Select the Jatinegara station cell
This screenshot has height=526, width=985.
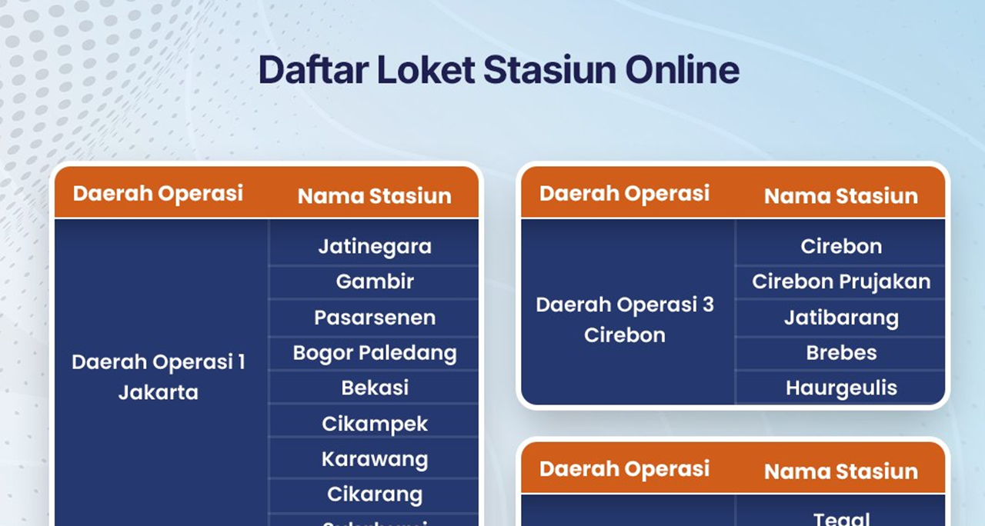pyautogui.click(x=375, y=247)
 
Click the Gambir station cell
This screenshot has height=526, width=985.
pyautogui.click(x=375, y=281)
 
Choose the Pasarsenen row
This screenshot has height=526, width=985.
pyautogui.click(x=375, y=318)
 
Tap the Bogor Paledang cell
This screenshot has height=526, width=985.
pyautogui.click(x=375, y=353)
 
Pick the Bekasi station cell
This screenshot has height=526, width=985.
pyautogui.click(x=375, y=388)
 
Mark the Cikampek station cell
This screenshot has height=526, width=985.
pyautogui.click(x=375, y=424)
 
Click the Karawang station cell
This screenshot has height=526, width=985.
pyautogui.click(x=375, y=459)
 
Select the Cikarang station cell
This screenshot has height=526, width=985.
pyautogui.click(x=375, y=494)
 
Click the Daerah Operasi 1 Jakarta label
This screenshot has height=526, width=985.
pyautogui.click(x=159, y=377)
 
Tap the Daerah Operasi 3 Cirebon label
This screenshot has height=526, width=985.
pyautogui.click(x=625, y=319)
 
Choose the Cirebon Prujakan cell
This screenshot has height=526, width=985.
pyautogui.click(x=841, y=281)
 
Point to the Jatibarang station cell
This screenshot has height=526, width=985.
pyautogui.click(x=841, y=318)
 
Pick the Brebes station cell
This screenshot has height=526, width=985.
pyautogui.click(x=841, y=353)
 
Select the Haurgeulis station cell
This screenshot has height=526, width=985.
pyautogui.click(x=841, y=388)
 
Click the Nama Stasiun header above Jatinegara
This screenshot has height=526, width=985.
pyautogui.click(x=375, y=196)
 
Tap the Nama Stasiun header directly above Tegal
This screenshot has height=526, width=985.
pyautogui.click(x=841, y=471)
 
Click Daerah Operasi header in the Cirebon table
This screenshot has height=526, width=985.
pyautogui.click(x=625, y=193)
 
